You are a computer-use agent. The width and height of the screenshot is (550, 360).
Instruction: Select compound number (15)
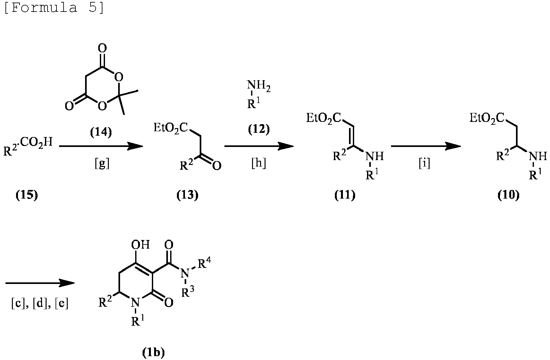(x=27, y=195)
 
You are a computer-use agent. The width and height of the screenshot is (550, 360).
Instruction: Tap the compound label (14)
(x=101, y=132)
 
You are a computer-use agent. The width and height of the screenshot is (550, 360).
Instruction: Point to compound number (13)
(x=187, y=195)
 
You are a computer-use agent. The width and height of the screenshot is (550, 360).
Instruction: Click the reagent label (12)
(x=259, y=129)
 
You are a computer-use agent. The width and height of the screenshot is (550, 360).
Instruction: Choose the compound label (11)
(x=345, y=195)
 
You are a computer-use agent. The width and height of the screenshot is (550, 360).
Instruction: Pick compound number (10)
(x=509, y=195)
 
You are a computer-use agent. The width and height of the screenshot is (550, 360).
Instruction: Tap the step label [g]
(x=102, y=163)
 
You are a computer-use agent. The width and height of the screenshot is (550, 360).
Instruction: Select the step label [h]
(x=259, y=163)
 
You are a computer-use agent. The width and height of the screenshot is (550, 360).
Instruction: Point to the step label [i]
(x=424, y=163)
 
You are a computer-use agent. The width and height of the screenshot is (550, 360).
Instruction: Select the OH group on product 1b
(x=140, y=244)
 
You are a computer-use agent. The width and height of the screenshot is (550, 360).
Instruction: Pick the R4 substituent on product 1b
(x=204, y=262)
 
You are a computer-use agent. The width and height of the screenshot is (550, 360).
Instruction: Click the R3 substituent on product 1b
(x=188, y=291)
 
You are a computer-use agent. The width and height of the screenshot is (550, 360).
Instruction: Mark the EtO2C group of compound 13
(x=170, y=128)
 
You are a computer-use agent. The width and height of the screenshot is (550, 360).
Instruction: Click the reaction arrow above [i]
(x=426, y=146)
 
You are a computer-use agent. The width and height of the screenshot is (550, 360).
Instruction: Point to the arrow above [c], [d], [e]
(x=40, y=283)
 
